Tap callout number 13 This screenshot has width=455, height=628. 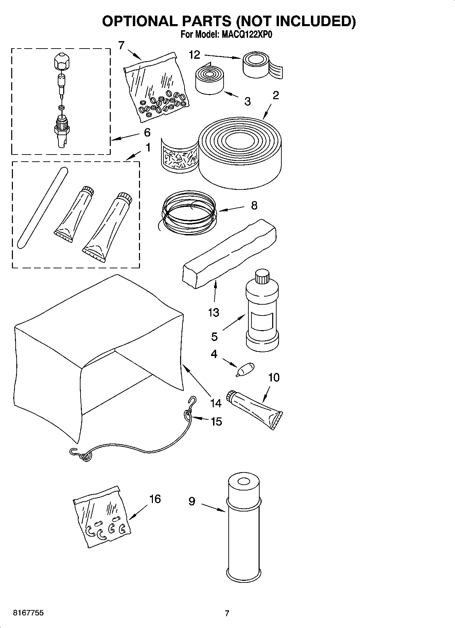pyautogui.click(x=213, y=312)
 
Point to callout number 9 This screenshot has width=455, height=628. pyautogui.click(x=192, y=501)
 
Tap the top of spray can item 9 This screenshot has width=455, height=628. pyautogui.click(x=243, y=482)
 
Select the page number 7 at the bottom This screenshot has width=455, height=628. pyautogui.click(x=227, y=613)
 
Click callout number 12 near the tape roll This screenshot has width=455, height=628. pyautogui.click(x=194, y=55)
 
